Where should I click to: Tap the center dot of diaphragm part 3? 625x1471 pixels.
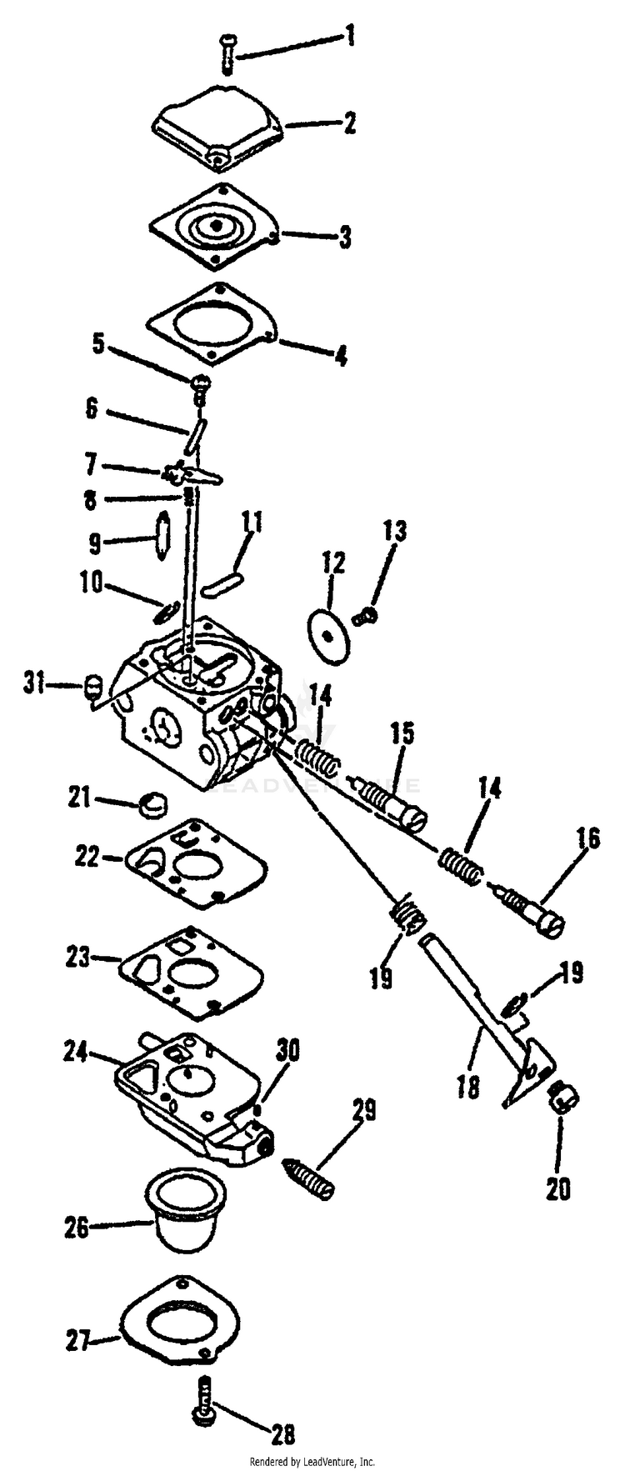pyautogui.click(x=216, y=226)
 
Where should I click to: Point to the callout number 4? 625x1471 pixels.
pyautogui.click(x=340, y=355)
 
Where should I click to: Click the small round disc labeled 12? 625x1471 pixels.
pyautogui.click(x=330, y=634)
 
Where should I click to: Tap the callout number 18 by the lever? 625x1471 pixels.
pyautogui.click(x=468, y=1087)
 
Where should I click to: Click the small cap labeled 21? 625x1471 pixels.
pyautogui.click(x=152, y=805)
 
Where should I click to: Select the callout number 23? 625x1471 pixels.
pyautogui.click(x=79, y=958)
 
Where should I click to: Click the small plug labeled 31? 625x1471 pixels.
pyautogui.click(x=94, y=688)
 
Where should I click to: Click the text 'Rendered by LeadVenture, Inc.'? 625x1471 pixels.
pyautogui.click(x=312, y=1462)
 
